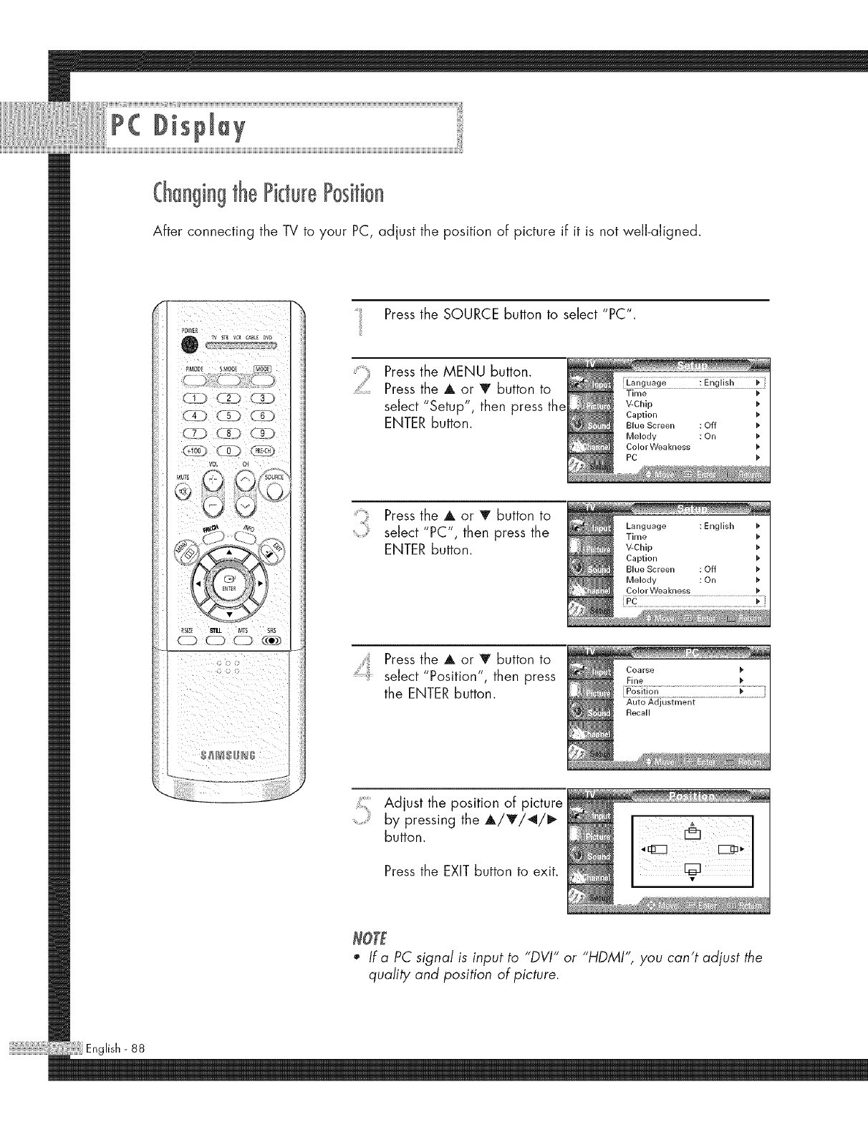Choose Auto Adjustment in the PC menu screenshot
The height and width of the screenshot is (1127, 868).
(660, 702)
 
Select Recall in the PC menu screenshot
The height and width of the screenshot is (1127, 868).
(638, 713)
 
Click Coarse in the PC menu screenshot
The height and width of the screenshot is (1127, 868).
(640, 670)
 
